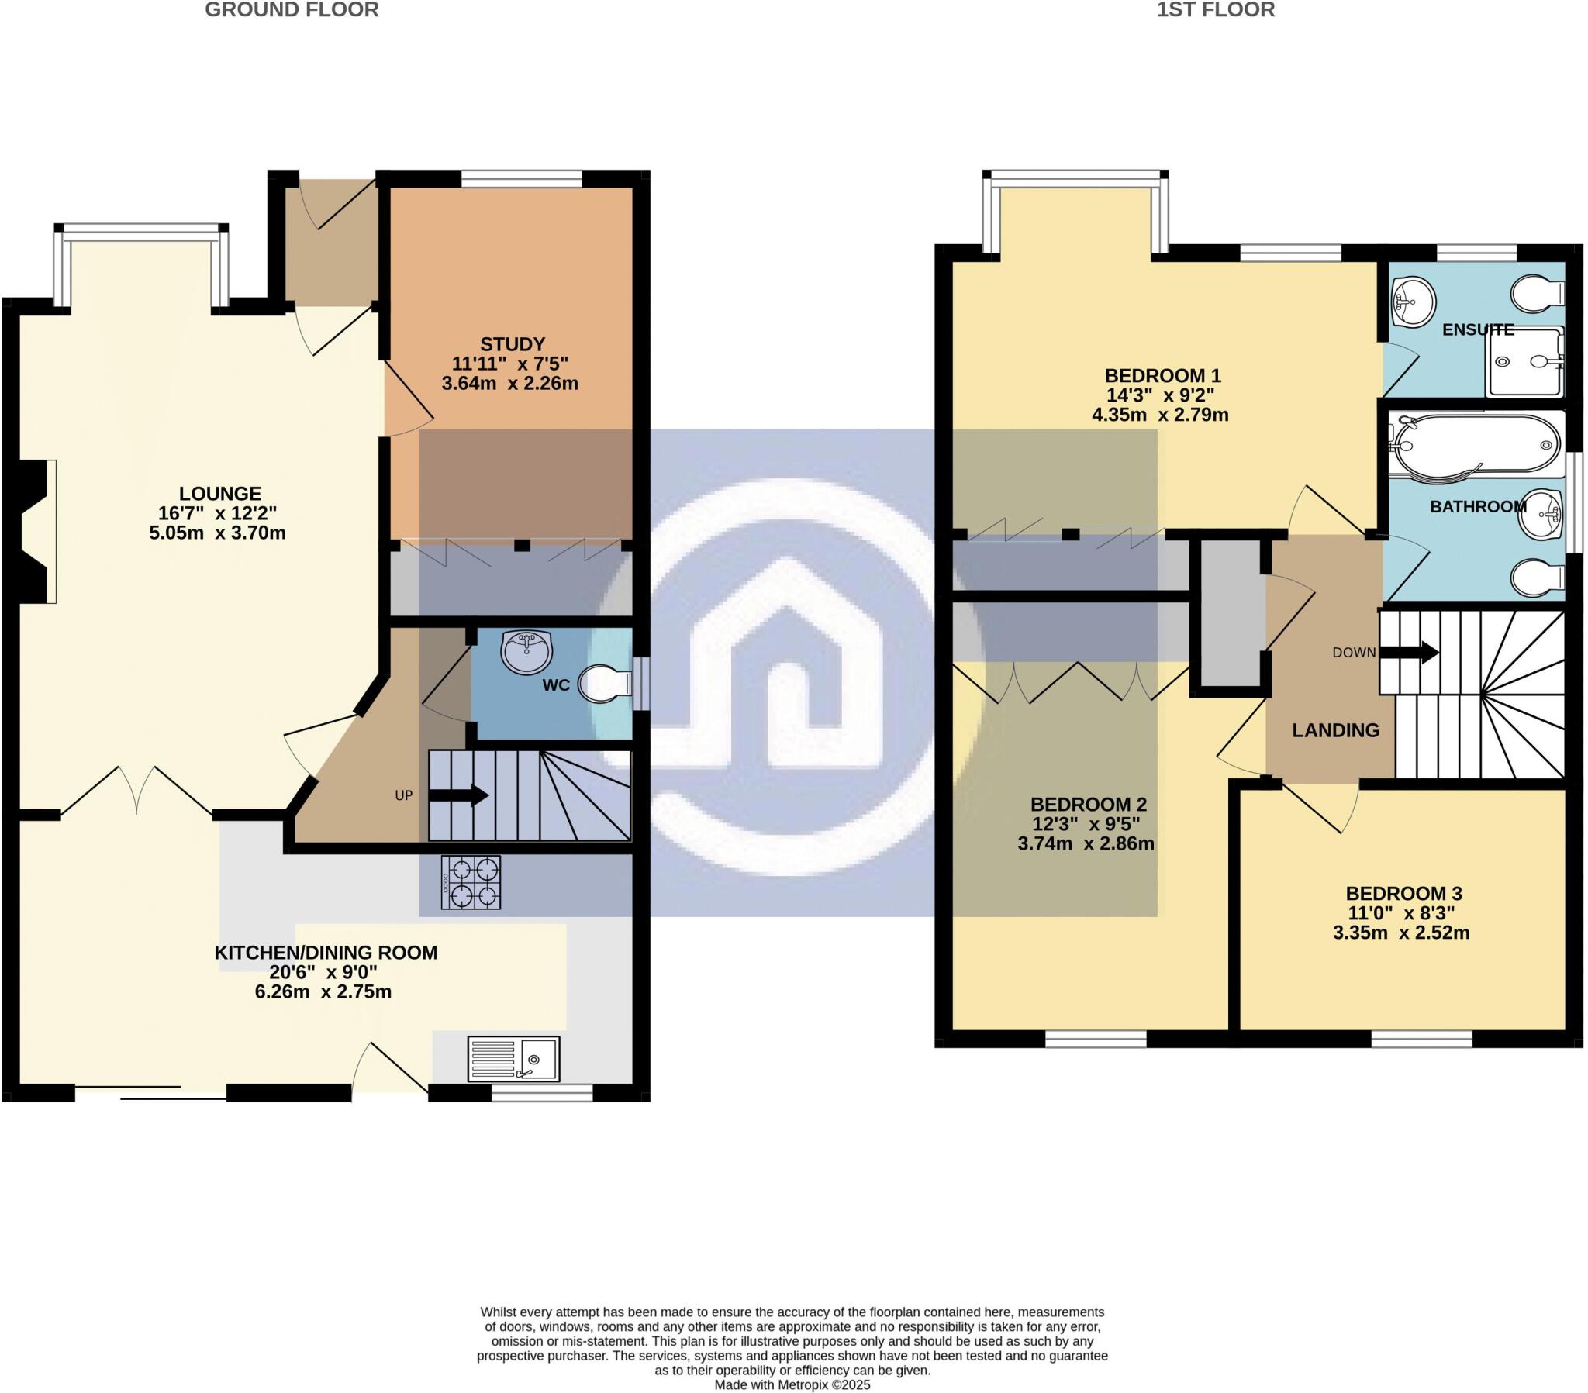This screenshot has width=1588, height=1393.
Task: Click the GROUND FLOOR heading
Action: click(292, 10)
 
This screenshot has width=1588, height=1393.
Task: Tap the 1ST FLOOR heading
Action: click(1215, 10)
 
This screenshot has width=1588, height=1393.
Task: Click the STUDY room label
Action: click(512, 344)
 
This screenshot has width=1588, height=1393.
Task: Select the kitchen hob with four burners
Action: click(471, 883)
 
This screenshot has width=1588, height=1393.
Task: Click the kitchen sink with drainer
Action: click(513, 1059)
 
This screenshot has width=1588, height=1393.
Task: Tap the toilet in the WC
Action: click(606, 684)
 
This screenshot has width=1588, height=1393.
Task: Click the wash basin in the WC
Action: click(526, 651)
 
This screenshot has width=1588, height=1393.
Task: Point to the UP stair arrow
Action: click(458, 795)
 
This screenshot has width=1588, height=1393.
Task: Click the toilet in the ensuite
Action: click(1538, 294)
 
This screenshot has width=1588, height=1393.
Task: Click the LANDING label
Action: click(1335, 730)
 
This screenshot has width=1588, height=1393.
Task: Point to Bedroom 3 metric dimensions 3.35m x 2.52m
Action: click(1401, 933)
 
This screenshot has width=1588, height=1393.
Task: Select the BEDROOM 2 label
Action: click(1087, 804)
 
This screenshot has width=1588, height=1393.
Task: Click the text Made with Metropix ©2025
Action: click(792, 1385)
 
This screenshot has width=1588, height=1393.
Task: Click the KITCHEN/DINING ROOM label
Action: click(326, 953)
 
